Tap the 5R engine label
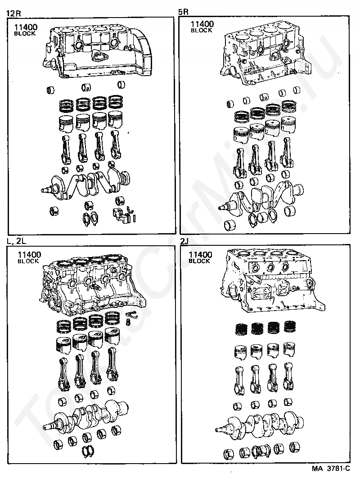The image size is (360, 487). pos(184,13)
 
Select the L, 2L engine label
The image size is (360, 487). pos(17,241)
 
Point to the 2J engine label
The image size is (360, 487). pos(184,241)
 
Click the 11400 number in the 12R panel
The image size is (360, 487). pos(25,27)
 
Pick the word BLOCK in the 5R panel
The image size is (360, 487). pos(201,31)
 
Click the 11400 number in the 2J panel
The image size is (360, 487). pos(200,255)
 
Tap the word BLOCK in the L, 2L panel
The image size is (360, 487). pos(28,262)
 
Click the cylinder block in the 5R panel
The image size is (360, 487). pos(265,56)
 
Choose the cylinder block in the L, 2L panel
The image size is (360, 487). pos(90,286)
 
